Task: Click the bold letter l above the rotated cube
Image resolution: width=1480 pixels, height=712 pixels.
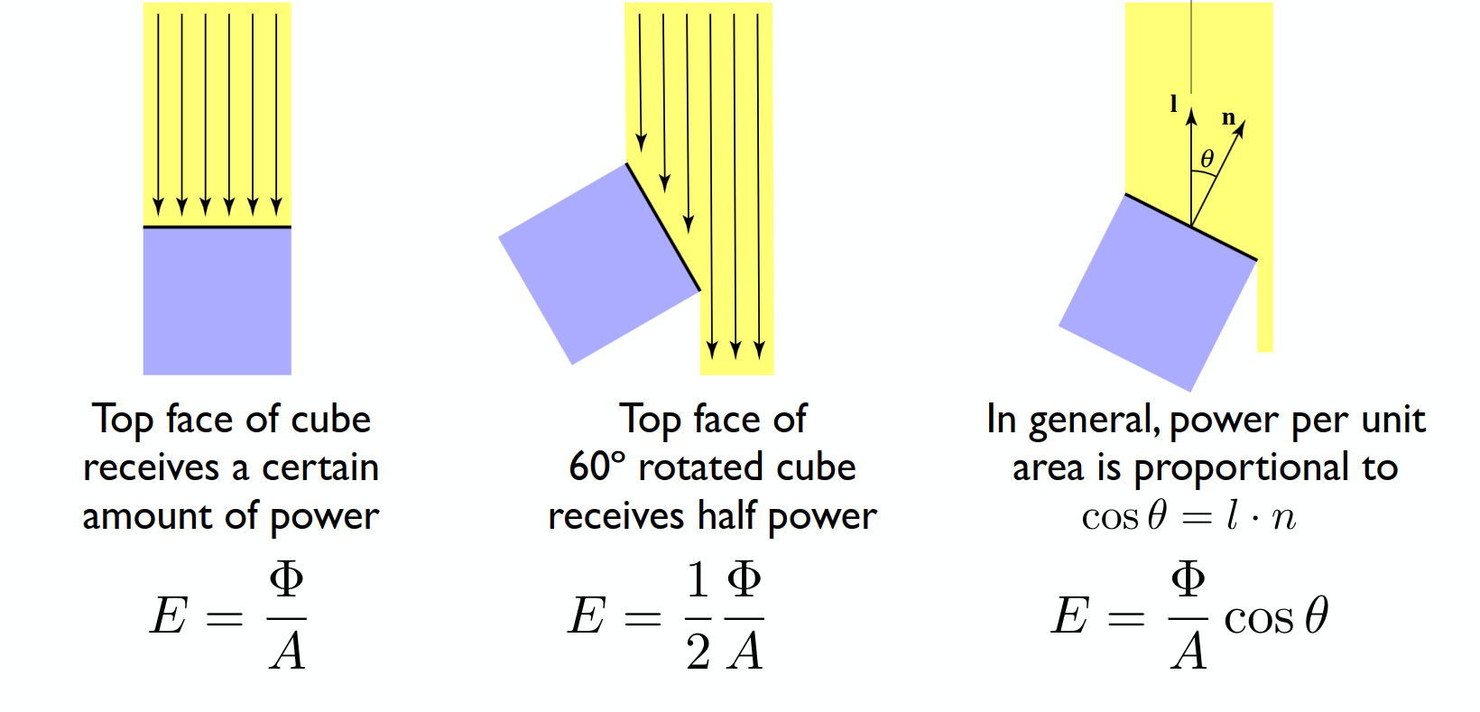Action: click(1173, 104)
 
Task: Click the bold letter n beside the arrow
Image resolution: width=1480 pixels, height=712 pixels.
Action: click(1228, 117)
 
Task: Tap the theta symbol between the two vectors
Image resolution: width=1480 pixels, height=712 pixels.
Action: click(1207, 159)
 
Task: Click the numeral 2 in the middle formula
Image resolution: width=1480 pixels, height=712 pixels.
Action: click(698, 652)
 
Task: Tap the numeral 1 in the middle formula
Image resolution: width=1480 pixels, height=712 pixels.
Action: click(698, 578)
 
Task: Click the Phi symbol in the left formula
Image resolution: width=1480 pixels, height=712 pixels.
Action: click(286, 578)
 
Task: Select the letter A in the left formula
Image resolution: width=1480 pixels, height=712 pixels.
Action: click(287, 652)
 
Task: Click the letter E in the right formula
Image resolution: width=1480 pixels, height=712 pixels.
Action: click(1069, 615)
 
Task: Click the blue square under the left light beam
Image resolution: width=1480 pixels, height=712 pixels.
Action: click(217, 301)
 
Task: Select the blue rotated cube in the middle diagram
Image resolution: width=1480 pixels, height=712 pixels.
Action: click(599, 264)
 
